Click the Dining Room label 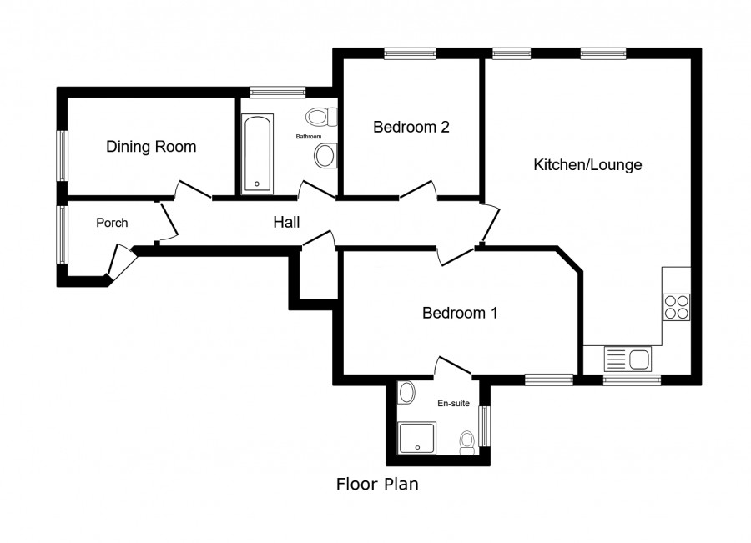point(151,147)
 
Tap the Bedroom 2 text point(411,127)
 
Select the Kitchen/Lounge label point(587,164)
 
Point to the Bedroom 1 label point(460,313)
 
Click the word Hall point(286,222)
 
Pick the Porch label point(112,223)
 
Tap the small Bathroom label point(309,137)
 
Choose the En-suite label point(453,403)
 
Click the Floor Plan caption point(377,484)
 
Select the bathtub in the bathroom point(257,153)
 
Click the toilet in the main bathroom point(322,117)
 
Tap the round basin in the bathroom point(326,156)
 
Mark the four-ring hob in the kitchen point(676,307)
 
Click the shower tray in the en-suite point(417,438)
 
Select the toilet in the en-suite point(466,443)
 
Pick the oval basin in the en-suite point(407,392)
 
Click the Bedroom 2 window point(410,53)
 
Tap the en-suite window point(486,426)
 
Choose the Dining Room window point(63,156)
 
